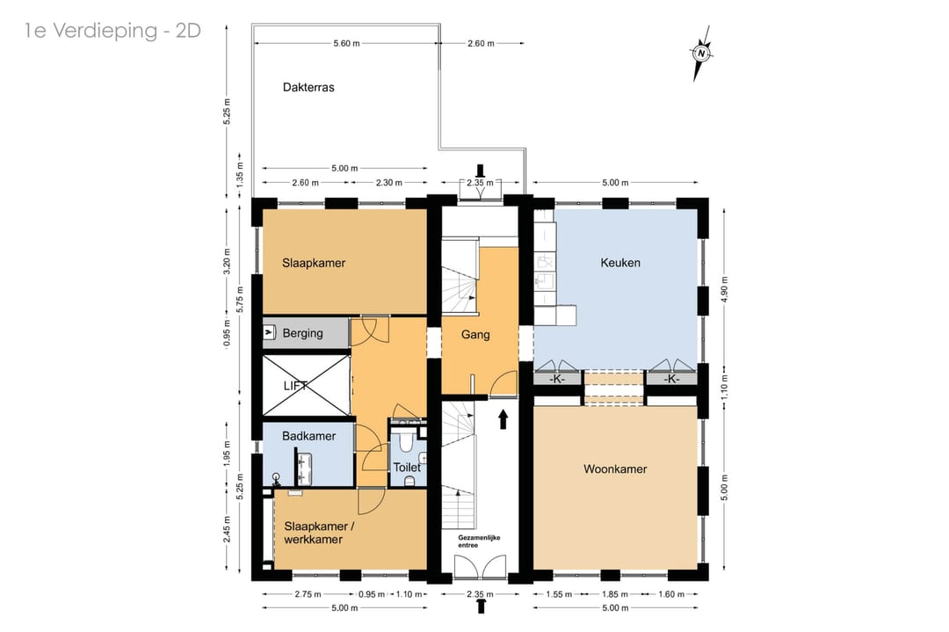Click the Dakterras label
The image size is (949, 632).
point(308,87)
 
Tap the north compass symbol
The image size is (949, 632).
point(701,54)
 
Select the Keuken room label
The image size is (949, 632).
point(620,263)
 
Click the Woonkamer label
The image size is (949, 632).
point(615,469)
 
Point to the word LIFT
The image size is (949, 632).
point(296,386)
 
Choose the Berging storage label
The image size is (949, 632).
point(302,333)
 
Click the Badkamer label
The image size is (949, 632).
point(308,436)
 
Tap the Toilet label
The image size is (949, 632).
point(407,468)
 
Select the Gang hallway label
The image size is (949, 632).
point(475,335)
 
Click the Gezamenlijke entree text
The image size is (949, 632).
point(479,541)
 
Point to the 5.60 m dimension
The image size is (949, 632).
point(346,44)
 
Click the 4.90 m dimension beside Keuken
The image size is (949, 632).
point(724,288)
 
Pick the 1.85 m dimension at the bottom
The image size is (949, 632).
point(615,594)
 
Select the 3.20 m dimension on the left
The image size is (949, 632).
point(227,262)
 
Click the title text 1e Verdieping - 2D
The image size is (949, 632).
point(112,30)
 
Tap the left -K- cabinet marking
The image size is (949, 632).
point(557,379)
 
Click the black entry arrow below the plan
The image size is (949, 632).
point(482,606)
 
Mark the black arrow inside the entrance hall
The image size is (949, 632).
point(503,419)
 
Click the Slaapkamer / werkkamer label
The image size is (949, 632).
point(319,533)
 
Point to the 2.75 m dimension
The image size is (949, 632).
point(308,594)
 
